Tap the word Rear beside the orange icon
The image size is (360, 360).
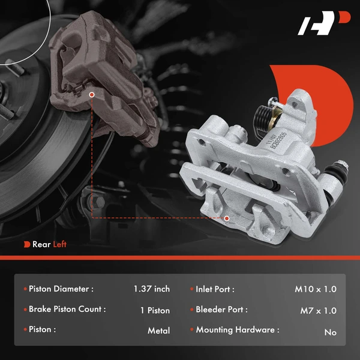[41, 244]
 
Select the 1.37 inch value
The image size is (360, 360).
[152, 289]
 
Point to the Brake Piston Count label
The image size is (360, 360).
[67, 310]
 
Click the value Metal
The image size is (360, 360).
[158, 331]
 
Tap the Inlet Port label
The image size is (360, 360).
[215, 289]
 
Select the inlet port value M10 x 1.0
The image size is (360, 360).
[316, 289]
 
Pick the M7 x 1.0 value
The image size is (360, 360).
[318, 310]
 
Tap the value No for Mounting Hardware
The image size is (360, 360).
[330, 332]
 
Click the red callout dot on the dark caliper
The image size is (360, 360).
[92, 94]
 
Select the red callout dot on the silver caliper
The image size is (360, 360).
[226, 218]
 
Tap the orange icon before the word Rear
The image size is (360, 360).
[27, 244]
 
